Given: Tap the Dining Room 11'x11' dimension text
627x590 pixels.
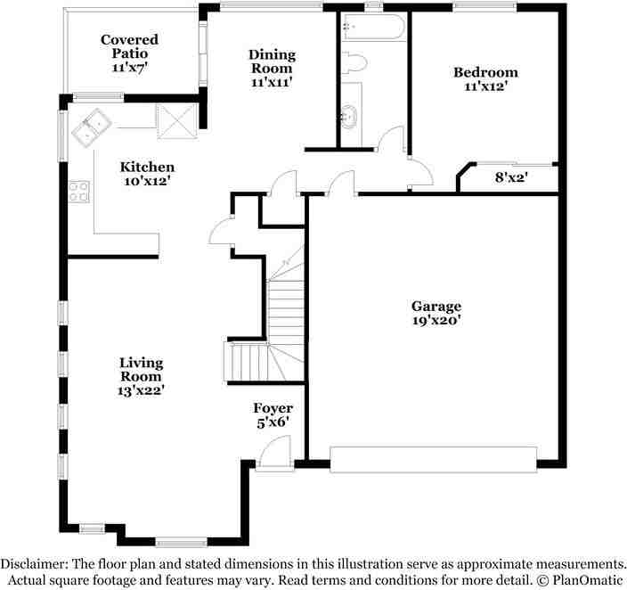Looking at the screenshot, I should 272,81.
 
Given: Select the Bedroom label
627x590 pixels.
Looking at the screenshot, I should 485,72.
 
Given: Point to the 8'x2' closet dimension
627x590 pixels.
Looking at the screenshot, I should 511,177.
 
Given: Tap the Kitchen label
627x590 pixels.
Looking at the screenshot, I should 147,167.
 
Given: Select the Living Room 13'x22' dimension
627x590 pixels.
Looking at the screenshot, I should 142,389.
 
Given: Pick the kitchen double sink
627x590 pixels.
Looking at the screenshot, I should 90,128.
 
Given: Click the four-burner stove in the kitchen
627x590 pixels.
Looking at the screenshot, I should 79,191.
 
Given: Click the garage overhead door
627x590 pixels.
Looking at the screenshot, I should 433,458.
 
